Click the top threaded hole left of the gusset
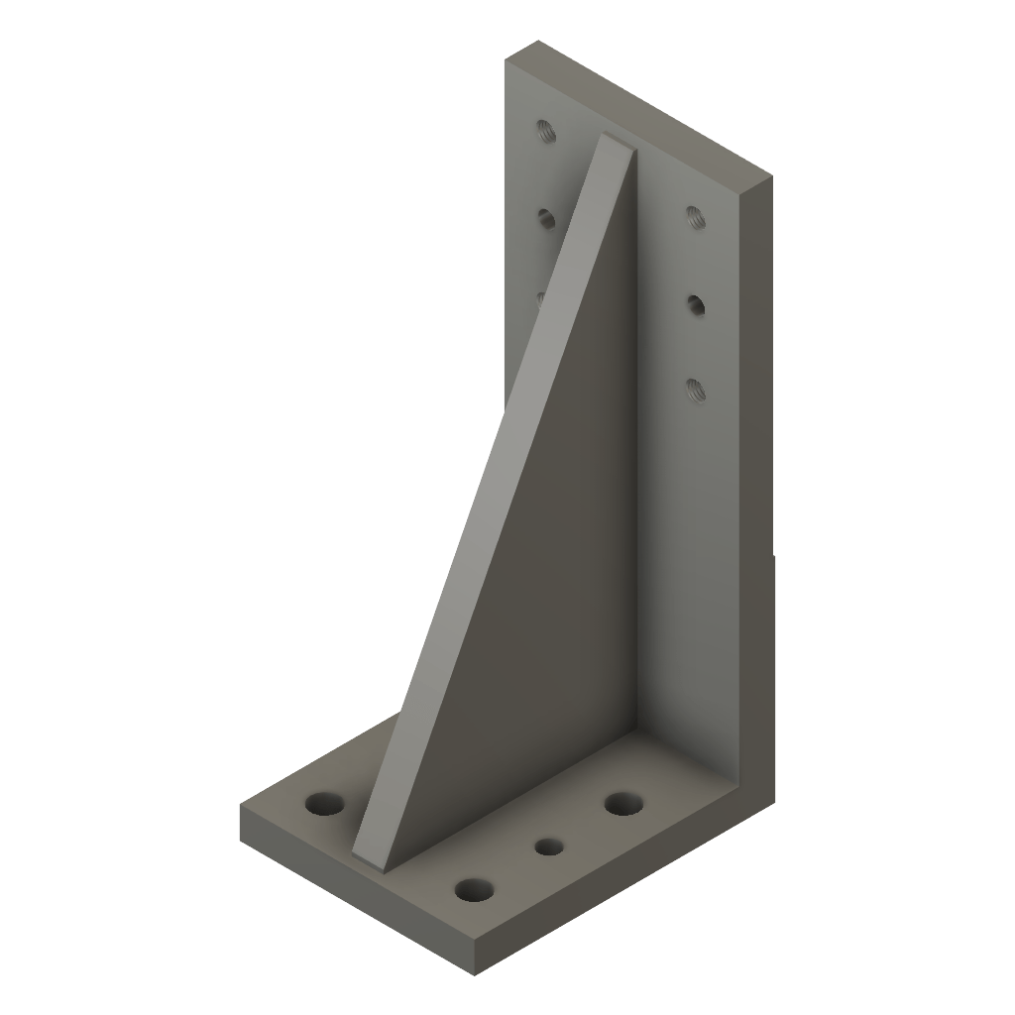point(544,130)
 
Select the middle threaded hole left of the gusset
point(546,217)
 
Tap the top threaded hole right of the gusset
point(694,215)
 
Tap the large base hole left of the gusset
point(321,803)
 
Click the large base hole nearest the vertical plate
point(622,803)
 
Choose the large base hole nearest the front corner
point(475,889)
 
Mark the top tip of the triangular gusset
point(615,141)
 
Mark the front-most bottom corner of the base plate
point(476,967)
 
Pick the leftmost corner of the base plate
point(241,805)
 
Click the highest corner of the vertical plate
point(538,41)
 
